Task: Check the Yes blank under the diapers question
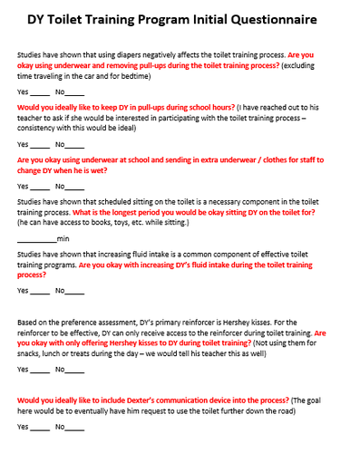tap(39, 93)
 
